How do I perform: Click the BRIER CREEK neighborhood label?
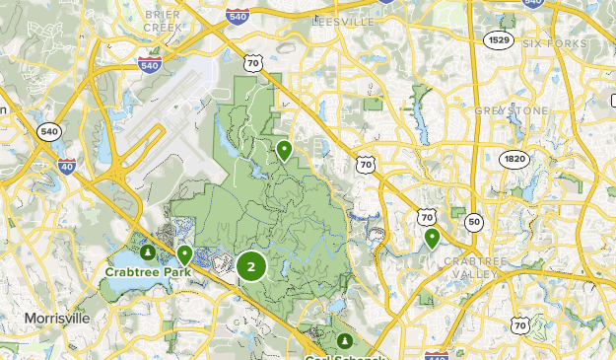tap(162, 22)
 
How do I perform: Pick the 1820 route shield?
tap(513, 158)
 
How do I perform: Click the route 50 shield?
tap(474, 222)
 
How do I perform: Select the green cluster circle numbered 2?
tap(251, 266)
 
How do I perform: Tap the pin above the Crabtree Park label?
tap(184, 254)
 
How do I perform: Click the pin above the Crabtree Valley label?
tap(432, 237)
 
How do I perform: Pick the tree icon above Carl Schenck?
tap(344, 340)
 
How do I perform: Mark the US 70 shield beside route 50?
tap(427, 215)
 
